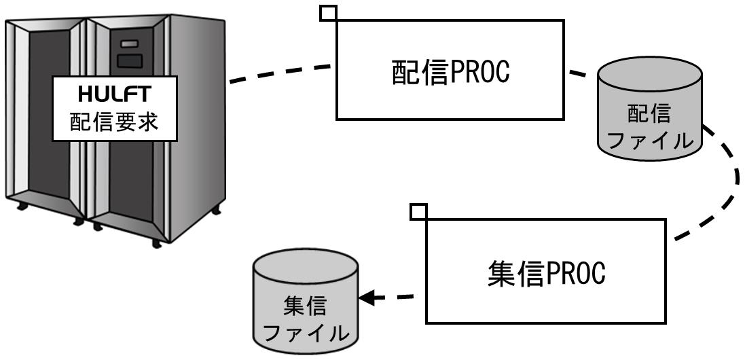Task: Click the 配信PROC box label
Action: pyautogui.click(x=450, y=72)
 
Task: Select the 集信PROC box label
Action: pyautogui.click(x=547, y=274)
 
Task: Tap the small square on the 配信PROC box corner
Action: pyautogui.click(x=328, y=13)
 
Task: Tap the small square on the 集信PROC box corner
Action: pyautogui.click(x=418, y=212)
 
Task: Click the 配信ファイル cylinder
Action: pyautogui.click(x=649, y=108)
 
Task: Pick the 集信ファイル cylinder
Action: pyautogui.click(x=306, y=302)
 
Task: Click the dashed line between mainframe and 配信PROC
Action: pyautogui.click(x=280, y=74)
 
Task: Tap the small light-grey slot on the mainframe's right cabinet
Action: pyautogui.click(x=129, y=43)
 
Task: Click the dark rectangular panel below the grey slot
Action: pyautogui.click(x=130, y=60)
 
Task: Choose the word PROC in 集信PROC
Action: pyautogui.click(x=575, y=274)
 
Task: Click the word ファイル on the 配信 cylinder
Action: pyautogui.click(x=649, y=141)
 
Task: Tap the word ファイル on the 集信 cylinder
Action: pyautogui.click(x=306, y=334)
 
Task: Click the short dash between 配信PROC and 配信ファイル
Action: pyautogui.click(x=578, y=73)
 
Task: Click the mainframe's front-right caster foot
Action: pyautogui.click(x=156, y=244)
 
